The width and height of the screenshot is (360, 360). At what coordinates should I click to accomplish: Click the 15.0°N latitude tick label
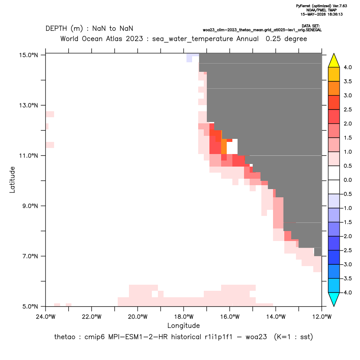(x=29, y=55)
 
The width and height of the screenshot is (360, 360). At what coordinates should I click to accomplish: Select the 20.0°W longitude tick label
(x=138, y=317)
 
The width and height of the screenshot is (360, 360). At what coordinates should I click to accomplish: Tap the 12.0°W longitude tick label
(x=321, y=317)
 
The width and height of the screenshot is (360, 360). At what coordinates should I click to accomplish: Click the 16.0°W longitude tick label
(x=230, y=317)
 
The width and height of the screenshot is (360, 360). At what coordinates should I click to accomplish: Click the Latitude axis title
(x=12, y=180)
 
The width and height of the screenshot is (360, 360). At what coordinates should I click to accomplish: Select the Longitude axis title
(x=183, y=325)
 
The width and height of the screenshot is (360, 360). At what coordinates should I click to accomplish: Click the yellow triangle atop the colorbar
(x=334, y=60)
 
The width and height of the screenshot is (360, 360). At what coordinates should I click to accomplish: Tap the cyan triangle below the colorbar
(x=334, y=299)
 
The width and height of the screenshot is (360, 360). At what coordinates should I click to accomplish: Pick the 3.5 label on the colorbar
(x=347, y=81)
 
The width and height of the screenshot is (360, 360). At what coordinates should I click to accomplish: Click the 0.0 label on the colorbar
(x=347, y=180)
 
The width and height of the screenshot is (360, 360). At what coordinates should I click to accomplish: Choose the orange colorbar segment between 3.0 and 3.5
(x=334, y=88)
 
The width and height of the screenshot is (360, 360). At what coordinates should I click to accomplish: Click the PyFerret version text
(x=321, y=6)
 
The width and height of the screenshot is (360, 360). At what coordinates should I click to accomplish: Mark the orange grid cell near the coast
(x=224, y=147)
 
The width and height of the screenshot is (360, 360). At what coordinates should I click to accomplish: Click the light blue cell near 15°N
(x=190, y=58)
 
